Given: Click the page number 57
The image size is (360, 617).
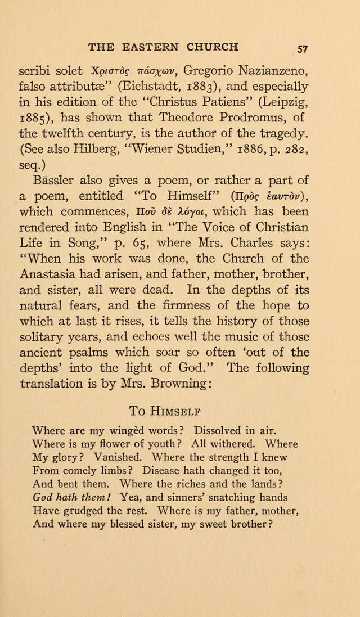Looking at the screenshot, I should (x=302, y=48).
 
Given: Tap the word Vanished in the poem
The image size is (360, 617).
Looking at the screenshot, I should (x=120, y=457).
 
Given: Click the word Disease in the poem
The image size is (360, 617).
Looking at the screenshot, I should (x=166, y=471).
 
